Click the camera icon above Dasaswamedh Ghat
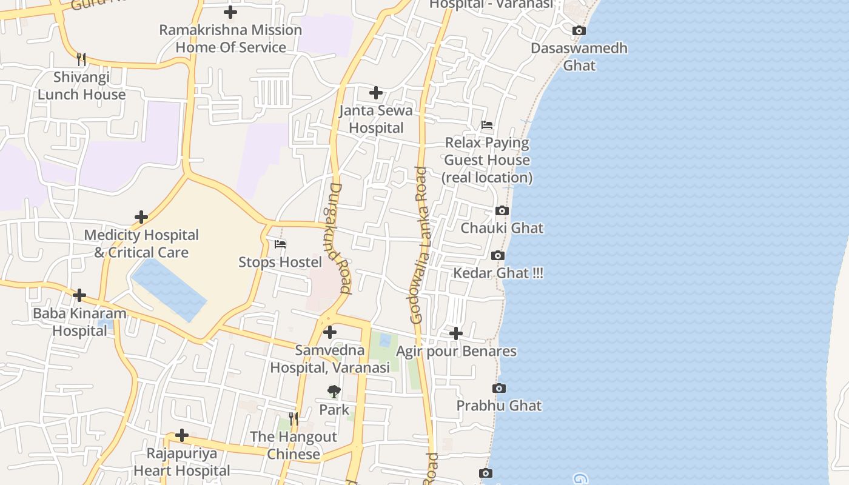click(x=579, y=30)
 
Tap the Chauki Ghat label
click(x=502, y=228)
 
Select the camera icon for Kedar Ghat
click(x=498, y=255)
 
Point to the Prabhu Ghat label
click(x=499, y=406)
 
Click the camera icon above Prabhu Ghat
click(x=499, y=388)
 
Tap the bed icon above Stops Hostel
click(x=280, y=244)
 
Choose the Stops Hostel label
click(x=280, y=262)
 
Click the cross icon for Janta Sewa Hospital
click(x=376, y=93)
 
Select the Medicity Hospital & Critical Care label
click(x=141, y=243)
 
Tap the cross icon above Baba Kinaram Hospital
click(x=79, y=295)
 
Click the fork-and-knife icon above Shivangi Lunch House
click(x=81, y=59)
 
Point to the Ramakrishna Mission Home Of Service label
click(x=230, y=38)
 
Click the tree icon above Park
click(x=334, y=392)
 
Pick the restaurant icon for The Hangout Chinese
click(x=294, y=418)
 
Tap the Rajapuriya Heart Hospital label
click(x=182, y=462)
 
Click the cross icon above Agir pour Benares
click(x=456, y=333)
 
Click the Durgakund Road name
click(x=340, y=239)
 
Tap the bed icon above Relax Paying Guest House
click(x=487, y=125)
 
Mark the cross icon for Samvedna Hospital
click(x=330, y=332)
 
